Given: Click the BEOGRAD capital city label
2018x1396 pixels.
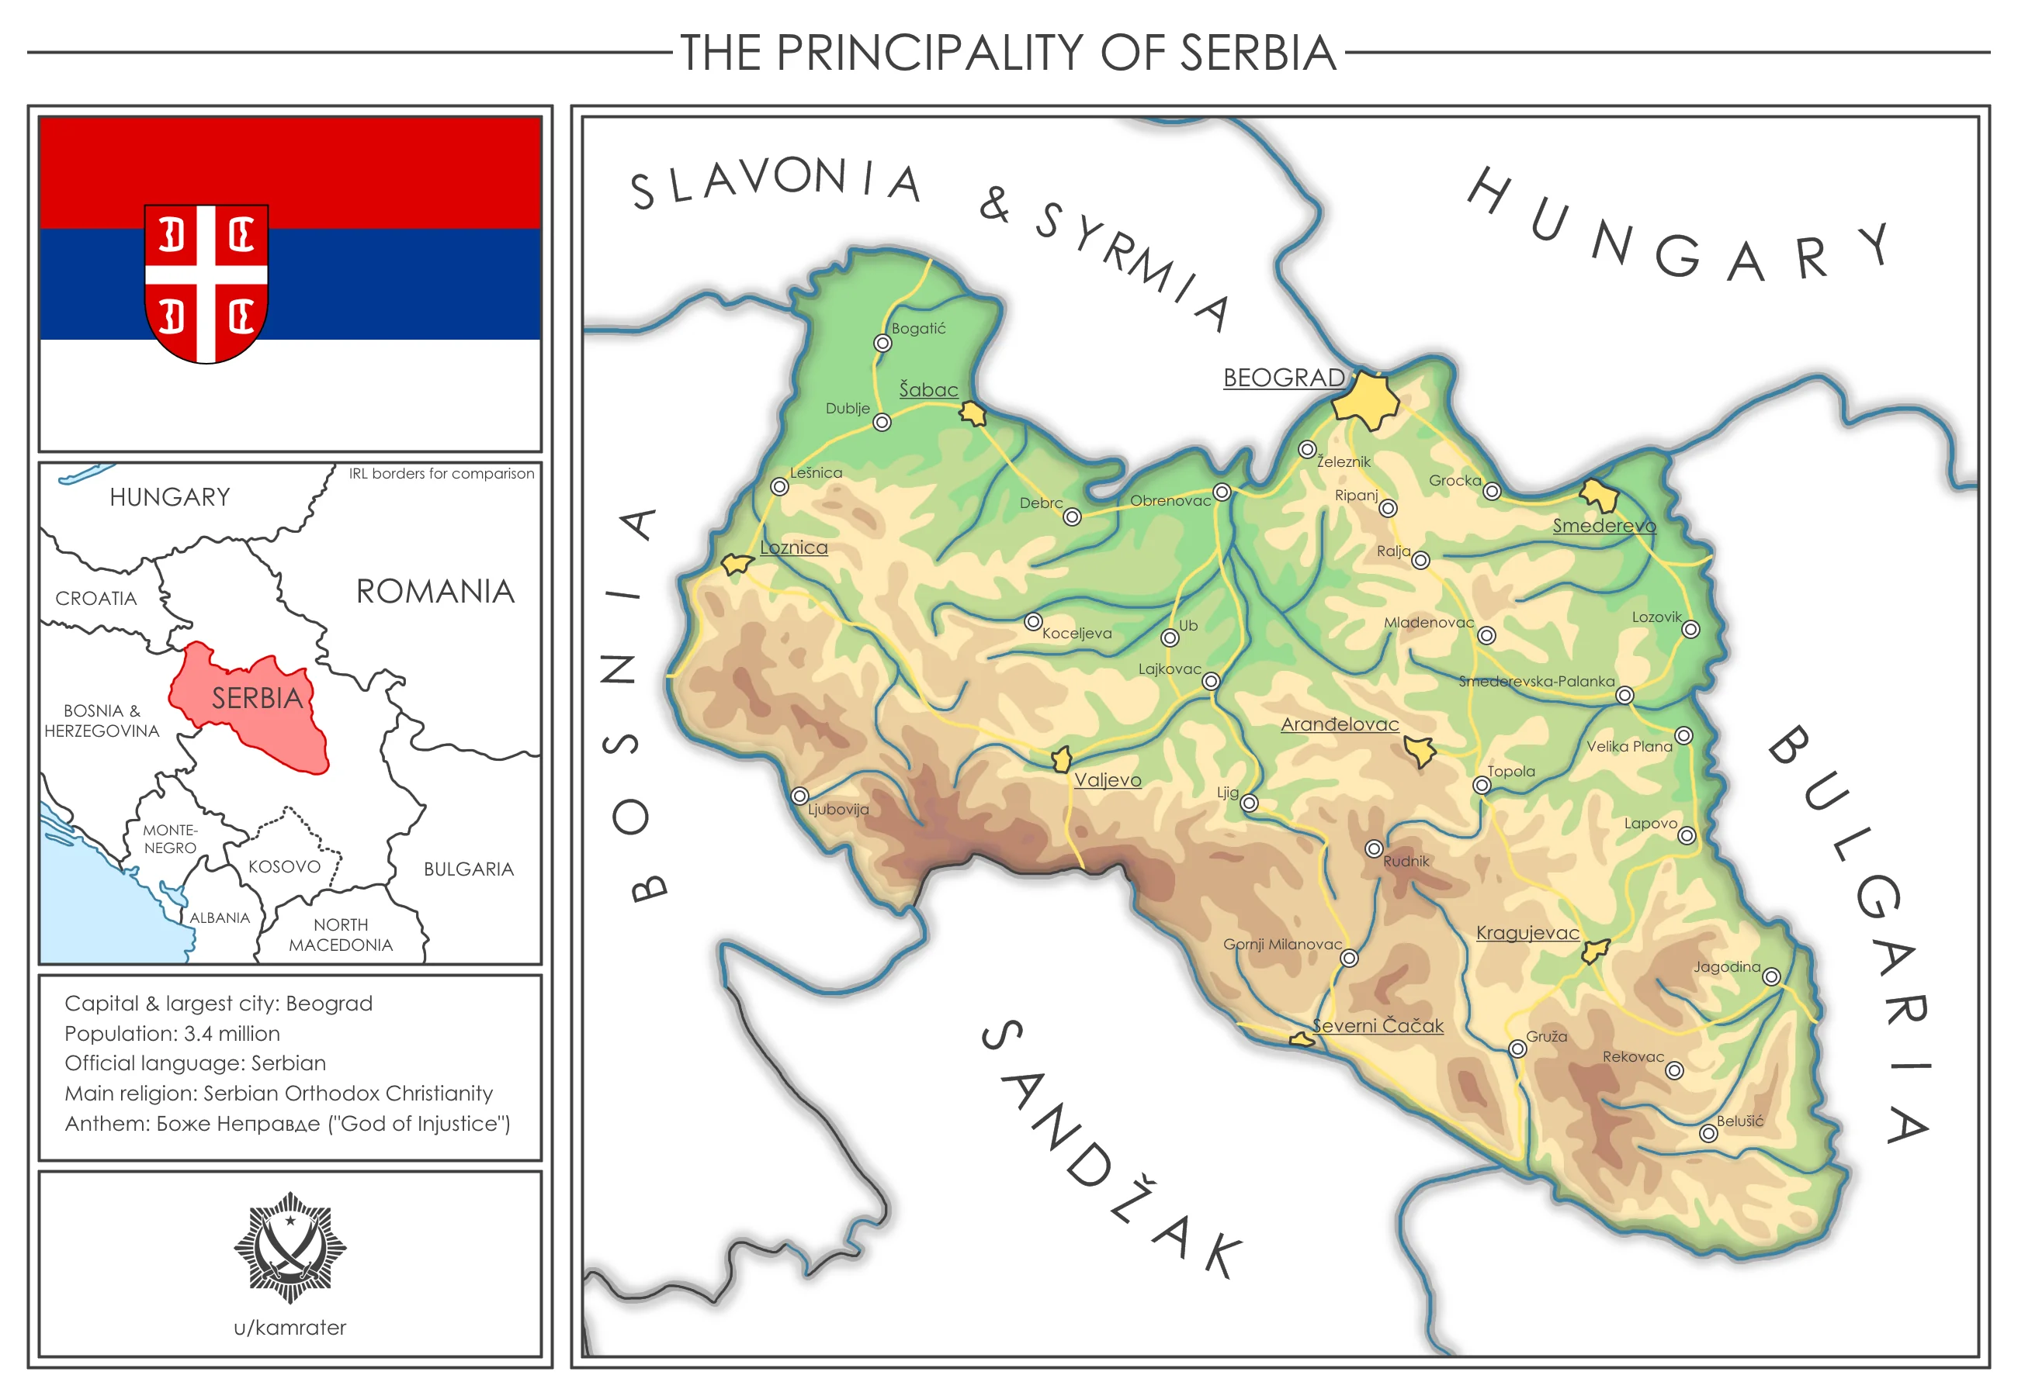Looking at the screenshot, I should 1283,378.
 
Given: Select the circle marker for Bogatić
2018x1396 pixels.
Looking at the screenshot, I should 882,344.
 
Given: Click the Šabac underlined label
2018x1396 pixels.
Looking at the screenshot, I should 928,390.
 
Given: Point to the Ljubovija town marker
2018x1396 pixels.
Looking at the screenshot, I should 799,796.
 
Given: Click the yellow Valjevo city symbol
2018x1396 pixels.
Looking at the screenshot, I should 1062,759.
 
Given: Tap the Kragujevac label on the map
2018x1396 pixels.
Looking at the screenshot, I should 1527,933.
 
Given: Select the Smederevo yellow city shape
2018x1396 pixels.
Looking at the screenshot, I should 1600,495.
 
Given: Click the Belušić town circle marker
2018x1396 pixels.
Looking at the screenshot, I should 1708,1134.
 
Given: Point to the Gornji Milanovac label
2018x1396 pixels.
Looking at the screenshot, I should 1282,945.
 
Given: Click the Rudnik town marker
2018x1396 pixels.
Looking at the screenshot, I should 1374,849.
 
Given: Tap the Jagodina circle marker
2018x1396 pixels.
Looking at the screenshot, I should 1771,977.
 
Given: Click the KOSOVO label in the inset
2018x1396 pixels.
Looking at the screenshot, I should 284,867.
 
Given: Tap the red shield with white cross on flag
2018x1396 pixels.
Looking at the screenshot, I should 206,282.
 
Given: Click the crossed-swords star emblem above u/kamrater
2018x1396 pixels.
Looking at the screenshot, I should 290,1247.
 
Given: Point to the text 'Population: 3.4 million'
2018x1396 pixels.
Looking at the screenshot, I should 172,1034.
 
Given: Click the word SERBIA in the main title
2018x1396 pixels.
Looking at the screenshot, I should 1257,53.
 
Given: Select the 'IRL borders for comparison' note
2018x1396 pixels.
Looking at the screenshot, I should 441,474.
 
